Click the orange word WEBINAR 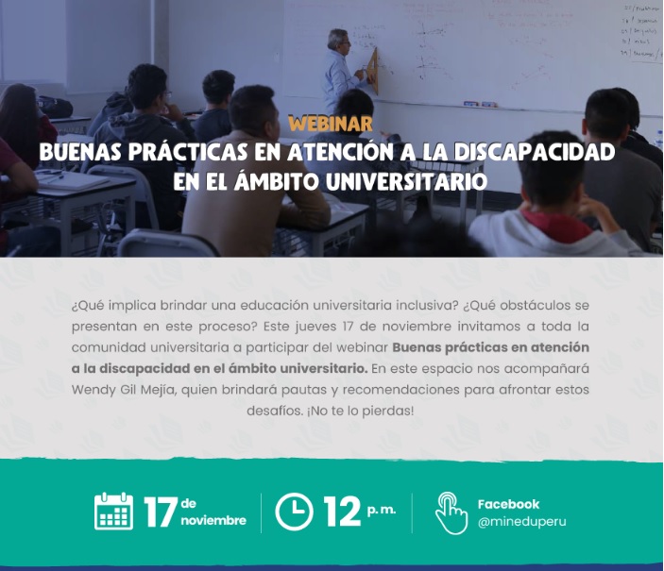point(331,124)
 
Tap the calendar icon point(113,512)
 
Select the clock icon point(295,512)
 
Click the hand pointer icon point(451,513)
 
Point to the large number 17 point(161,512)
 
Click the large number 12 point(342,512)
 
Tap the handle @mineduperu point(521,522)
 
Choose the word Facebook point(508,504)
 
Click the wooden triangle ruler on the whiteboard point(373,70)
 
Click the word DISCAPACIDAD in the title point(535,152)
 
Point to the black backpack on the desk point(55,107)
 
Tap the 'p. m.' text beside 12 point(382,510)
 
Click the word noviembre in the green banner point(213,520)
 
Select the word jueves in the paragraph point(315,327)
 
